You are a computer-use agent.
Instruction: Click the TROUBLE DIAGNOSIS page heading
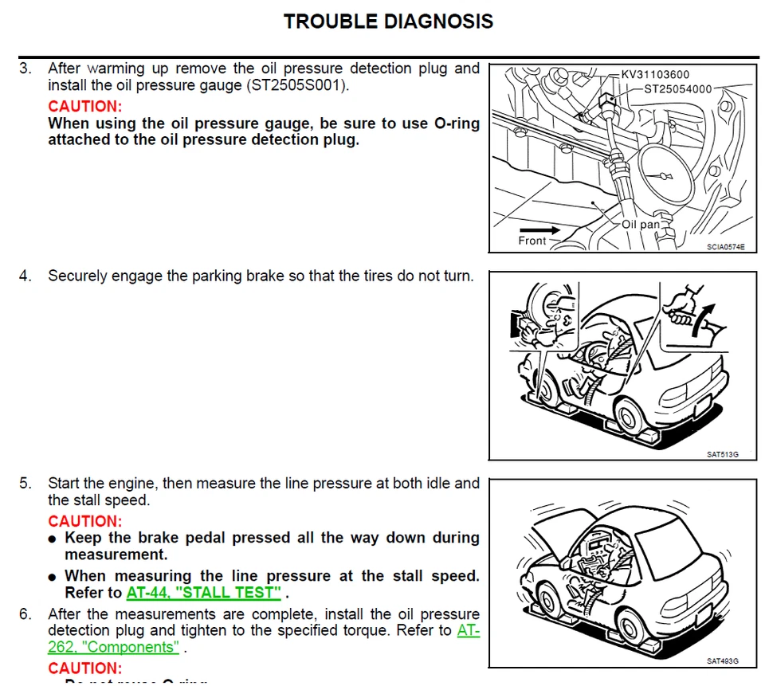coord(388,22)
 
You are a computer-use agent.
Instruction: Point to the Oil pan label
coord(641,225)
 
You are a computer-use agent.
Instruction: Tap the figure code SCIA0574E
coord(725,247)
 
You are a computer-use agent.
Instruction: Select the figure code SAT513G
coord(722,455)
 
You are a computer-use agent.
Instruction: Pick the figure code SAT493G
coord(722,661)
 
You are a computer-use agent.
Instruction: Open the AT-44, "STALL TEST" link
coord(204,593)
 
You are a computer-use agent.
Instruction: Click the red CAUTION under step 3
coord(85,106)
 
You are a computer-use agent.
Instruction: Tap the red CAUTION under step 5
coord(85,521)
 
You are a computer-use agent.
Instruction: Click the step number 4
coord(25,276)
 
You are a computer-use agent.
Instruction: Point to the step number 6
coord(25,614)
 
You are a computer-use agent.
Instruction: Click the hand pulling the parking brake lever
coord(683,306)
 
